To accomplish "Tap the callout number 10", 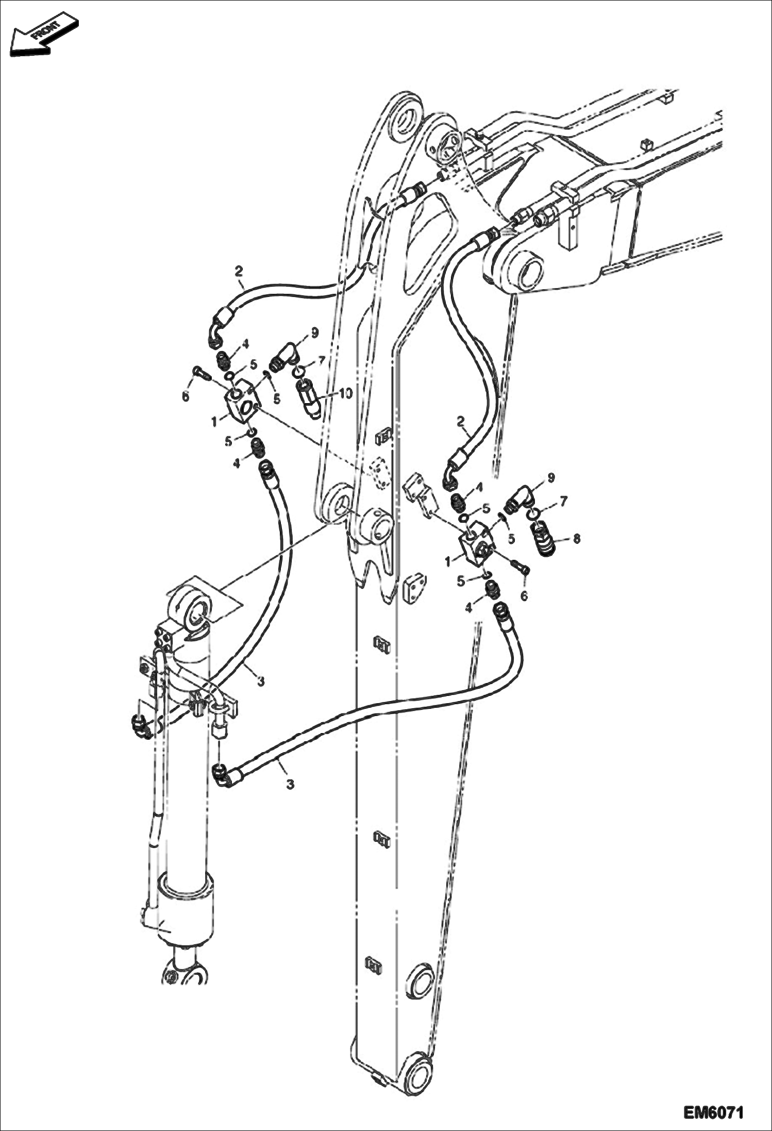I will tap(344, 394).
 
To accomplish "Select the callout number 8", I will tap(576, 539).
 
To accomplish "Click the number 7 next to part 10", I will tap(321, 360).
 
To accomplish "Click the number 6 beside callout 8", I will tap(524, 595).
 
